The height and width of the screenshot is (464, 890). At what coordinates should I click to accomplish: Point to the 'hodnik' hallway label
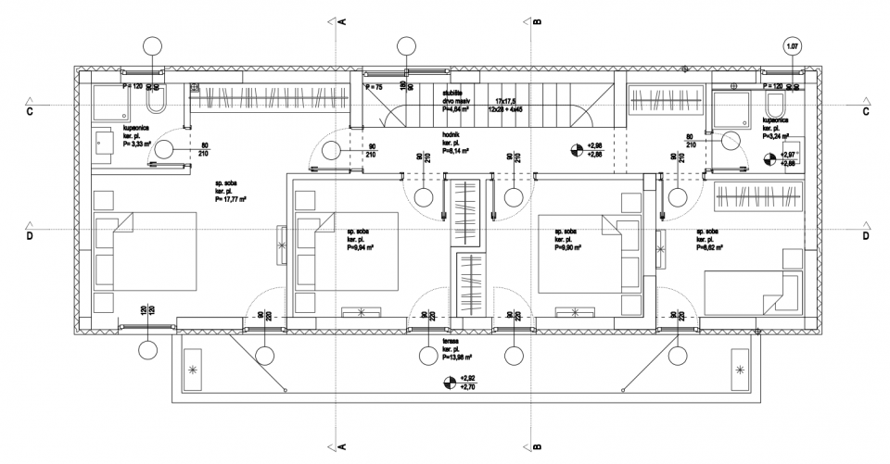pos(453,135)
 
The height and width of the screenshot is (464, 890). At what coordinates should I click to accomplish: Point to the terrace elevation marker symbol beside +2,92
pos(450,382)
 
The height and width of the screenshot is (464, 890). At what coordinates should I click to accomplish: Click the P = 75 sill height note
pos(373,86)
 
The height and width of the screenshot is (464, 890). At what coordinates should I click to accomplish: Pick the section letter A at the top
pos(342,19)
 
